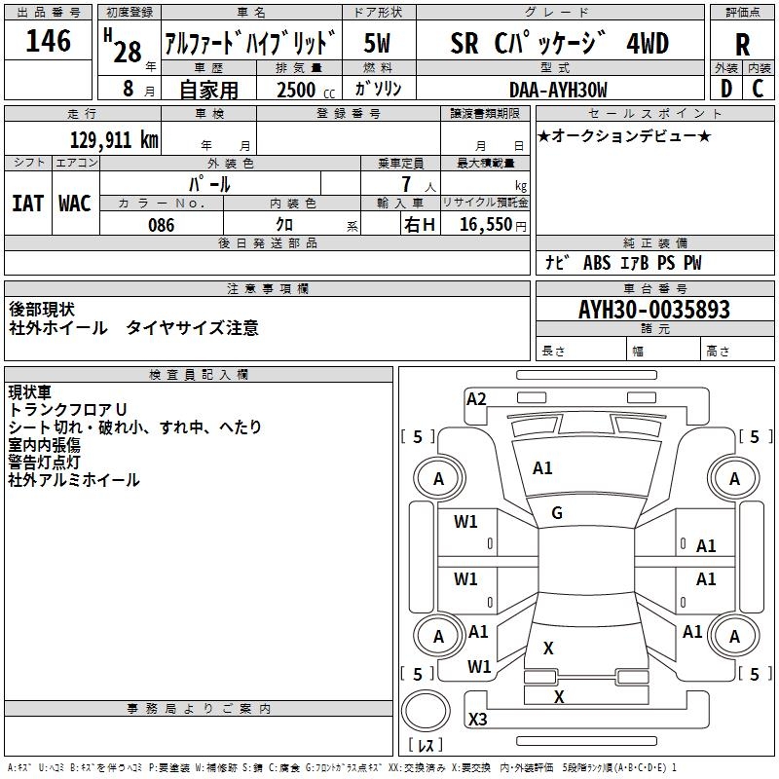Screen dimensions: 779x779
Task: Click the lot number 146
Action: coord(50,41)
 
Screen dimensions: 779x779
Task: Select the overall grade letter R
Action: coord(742,44)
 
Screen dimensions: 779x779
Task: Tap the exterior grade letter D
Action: coord(726,88)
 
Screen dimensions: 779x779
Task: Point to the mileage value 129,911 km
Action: coord(115,140)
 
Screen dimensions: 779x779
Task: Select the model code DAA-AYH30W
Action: coord(558,89)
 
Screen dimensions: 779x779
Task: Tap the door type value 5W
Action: coord(377,43)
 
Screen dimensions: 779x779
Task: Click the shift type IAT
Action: coord(28,203)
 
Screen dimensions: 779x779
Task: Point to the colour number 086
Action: coord(162,224)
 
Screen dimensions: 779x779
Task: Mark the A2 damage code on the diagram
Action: coord(476,398)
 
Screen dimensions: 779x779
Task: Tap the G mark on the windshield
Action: coord(556,513)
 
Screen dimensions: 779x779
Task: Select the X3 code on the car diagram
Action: coord(477,720)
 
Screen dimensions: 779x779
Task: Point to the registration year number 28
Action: coord(127,52)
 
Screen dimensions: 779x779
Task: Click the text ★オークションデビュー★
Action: coord(624,135)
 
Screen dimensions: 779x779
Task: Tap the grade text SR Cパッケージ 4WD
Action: coord(559,44)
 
